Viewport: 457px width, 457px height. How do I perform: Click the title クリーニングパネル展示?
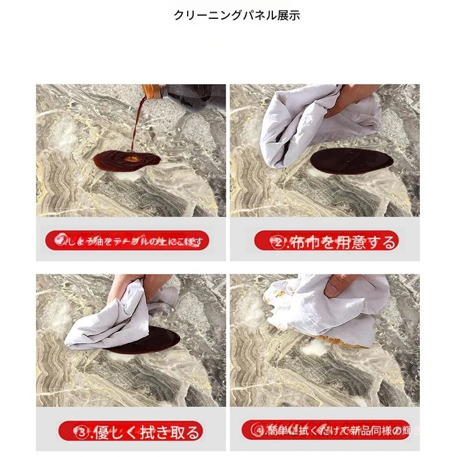(x=236, y=16)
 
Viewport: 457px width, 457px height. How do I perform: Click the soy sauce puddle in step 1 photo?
(x=126, y=160)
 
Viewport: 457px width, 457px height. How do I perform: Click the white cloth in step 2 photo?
(x=299, y=125)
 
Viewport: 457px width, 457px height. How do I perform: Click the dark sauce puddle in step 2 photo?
(x=352, y=161)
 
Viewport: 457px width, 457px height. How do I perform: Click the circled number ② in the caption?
(x=278, y=243)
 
